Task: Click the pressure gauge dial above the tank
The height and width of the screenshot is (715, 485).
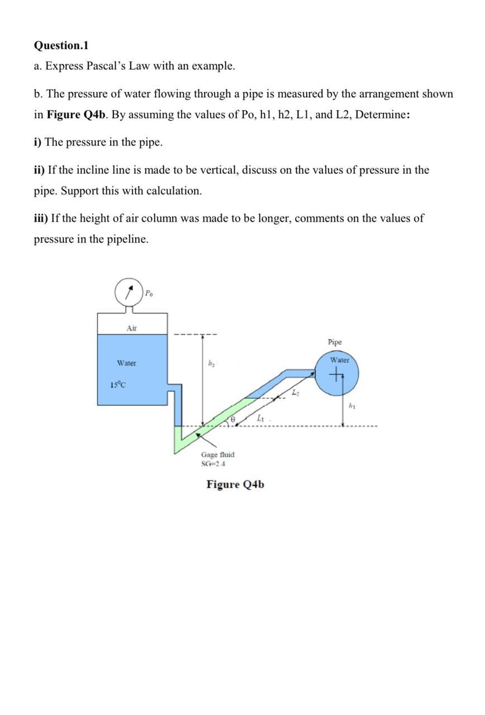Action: (129, 291)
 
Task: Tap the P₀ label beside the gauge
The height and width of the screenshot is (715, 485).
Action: (148, 293)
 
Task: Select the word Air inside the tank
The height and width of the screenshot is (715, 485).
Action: (131, 328)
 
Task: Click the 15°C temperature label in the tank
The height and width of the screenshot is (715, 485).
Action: (118, 384)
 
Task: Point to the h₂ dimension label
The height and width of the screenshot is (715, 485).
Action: (211, 363)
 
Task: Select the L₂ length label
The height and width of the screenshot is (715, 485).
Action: (296, 393)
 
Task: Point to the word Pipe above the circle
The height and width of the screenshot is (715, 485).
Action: (335, 342)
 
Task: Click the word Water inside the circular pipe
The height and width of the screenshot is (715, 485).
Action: (339, 360)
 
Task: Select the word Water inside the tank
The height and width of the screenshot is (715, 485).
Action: (126, 363)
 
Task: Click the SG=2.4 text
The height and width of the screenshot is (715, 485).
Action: (213, 464)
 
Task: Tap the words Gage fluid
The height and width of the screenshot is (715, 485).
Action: (218, 455)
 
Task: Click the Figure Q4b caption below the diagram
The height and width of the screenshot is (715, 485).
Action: (235, 484)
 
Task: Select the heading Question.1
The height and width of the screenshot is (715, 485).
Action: (61, 45)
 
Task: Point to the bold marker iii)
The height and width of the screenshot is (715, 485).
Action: (41, 218)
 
